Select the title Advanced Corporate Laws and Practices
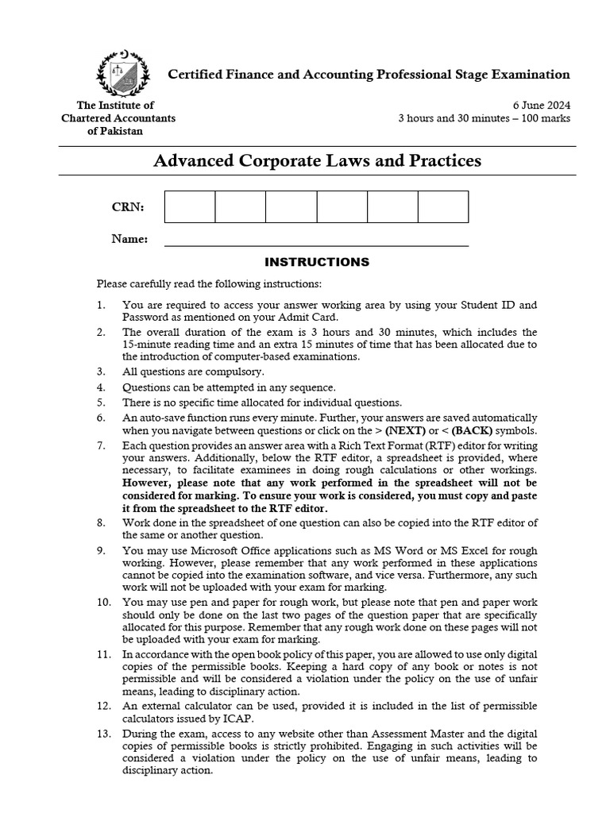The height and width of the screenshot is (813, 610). [316, 161]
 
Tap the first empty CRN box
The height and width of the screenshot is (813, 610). [190, 206]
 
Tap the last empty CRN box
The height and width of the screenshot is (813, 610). [442, 206]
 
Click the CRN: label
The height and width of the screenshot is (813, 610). [128, 207]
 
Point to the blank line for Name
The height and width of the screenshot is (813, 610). [316, 244]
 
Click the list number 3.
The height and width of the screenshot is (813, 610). [101, 372]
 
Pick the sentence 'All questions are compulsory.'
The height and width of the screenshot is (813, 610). [193, 372]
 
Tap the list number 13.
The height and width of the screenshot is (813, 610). [103, 735]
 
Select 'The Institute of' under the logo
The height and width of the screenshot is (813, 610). [115, 106]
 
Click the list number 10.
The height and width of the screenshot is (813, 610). [103, 603]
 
